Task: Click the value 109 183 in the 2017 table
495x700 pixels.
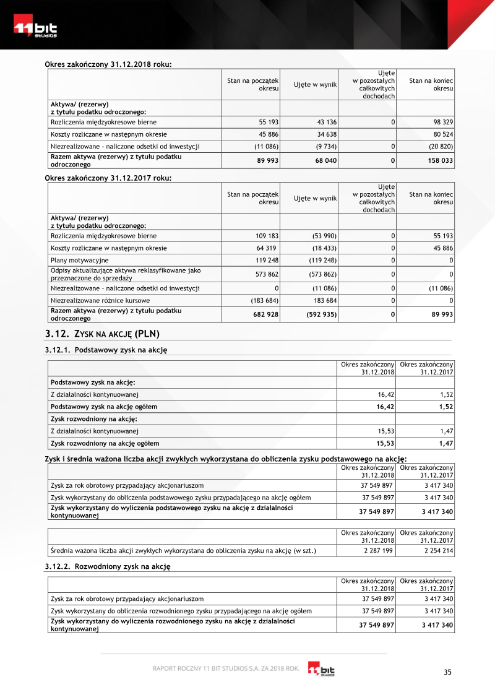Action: [x=267, y=236]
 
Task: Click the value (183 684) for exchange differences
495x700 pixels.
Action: [x=264, y=300]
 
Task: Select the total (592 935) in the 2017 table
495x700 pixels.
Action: [x=321, y=314]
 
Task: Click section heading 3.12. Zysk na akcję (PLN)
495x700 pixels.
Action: [x=102, y=334]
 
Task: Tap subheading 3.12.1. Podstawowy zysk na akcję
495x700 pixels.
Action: [x=106, y=350]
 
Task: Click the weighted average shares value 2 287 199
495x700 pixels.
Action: [x=378, y=551]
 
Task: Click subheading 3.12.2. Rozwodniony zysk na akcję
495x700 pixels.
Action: [x=108, y=566]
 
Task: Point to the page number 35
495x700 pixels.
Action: [x=448, y=673]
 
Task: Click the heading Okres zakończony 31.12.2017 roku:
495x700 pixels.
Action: [x=108, y=178]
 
